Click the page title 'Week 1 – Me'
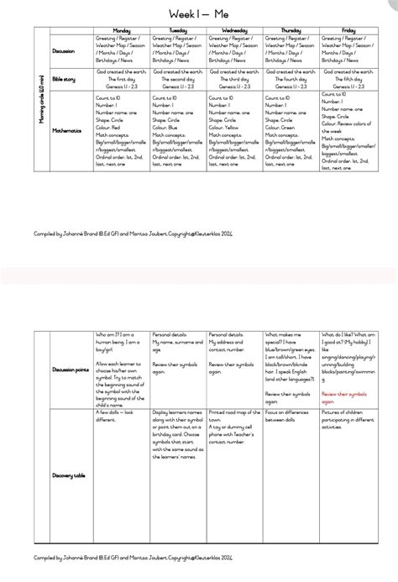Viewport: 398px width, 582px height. (x=198, y=14)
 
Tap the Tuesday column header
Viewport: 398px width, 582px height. (x=177, y=29)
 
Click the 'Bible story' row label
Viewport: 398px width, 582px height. (x=65, y=78)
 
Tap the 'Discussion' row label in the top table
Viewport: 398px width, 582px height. (x=64, y=50)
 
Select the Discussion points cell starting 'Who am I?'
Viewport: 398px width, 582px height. (x=121, y=357)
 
